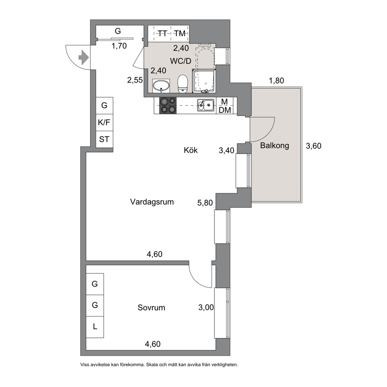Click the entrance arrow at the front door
(x=83, y=57)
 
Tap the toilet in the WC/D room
(x=183, y=84)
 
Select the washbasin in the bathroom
(x=161, y=86)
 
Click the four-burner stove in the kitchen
(x=168, y=105)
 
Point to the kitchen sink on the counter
(x=206, y=105)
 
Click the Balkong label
(x=275, y=146)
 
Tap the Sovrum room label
(x=151, y=307)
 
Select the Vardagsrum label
(x=152, y=202)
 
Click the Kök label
(x=190, y=150)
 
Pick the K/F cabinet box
(x=105, y=122)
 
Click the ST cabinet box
(x=105, y=139)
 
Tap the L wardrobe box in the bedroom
(x=95, y=327)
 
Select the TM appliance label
(x=180, y=33)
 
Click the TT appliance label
(x=162, y=33)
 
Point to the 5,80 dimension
(x=205, y=203)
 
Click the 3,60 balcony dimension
(x=313, y=146)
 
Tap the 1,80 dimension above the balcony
(x=276, y=80)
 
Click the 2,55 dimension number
(x=135, y=80)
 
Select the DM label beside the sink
(x=225, y=110)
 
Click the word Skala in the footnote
(x=152, y=364)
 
